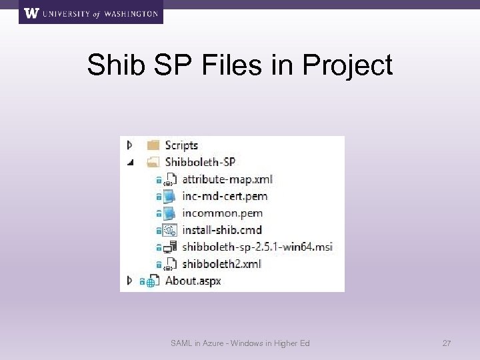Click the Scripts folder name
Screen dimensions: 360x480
pos(181,145)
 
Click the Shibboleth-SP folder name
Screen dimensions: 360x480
pos(199,162)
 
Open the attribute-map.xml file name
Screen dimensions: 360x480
pos(227,179)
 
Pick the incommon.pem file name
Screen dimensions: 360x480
pos(222,213)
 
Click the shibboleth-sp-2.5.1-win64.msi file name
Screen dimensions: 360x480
pos(257,247)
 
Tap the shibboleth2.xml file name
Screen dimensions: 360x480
pos(222,264)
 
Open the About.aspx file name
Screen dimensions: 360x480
pos(192,281)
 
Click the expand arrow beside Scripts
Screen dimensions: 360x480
pos(130,145)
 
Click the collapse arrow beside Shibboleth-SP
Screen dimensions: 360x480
pos(130,162)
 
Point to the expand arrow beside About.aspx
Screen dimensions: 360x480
pos(130,281)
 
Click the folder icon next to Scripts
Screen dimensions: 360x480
pos(153,145)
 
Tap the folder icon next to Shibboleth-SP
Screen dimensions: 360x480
pos(153,162)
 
